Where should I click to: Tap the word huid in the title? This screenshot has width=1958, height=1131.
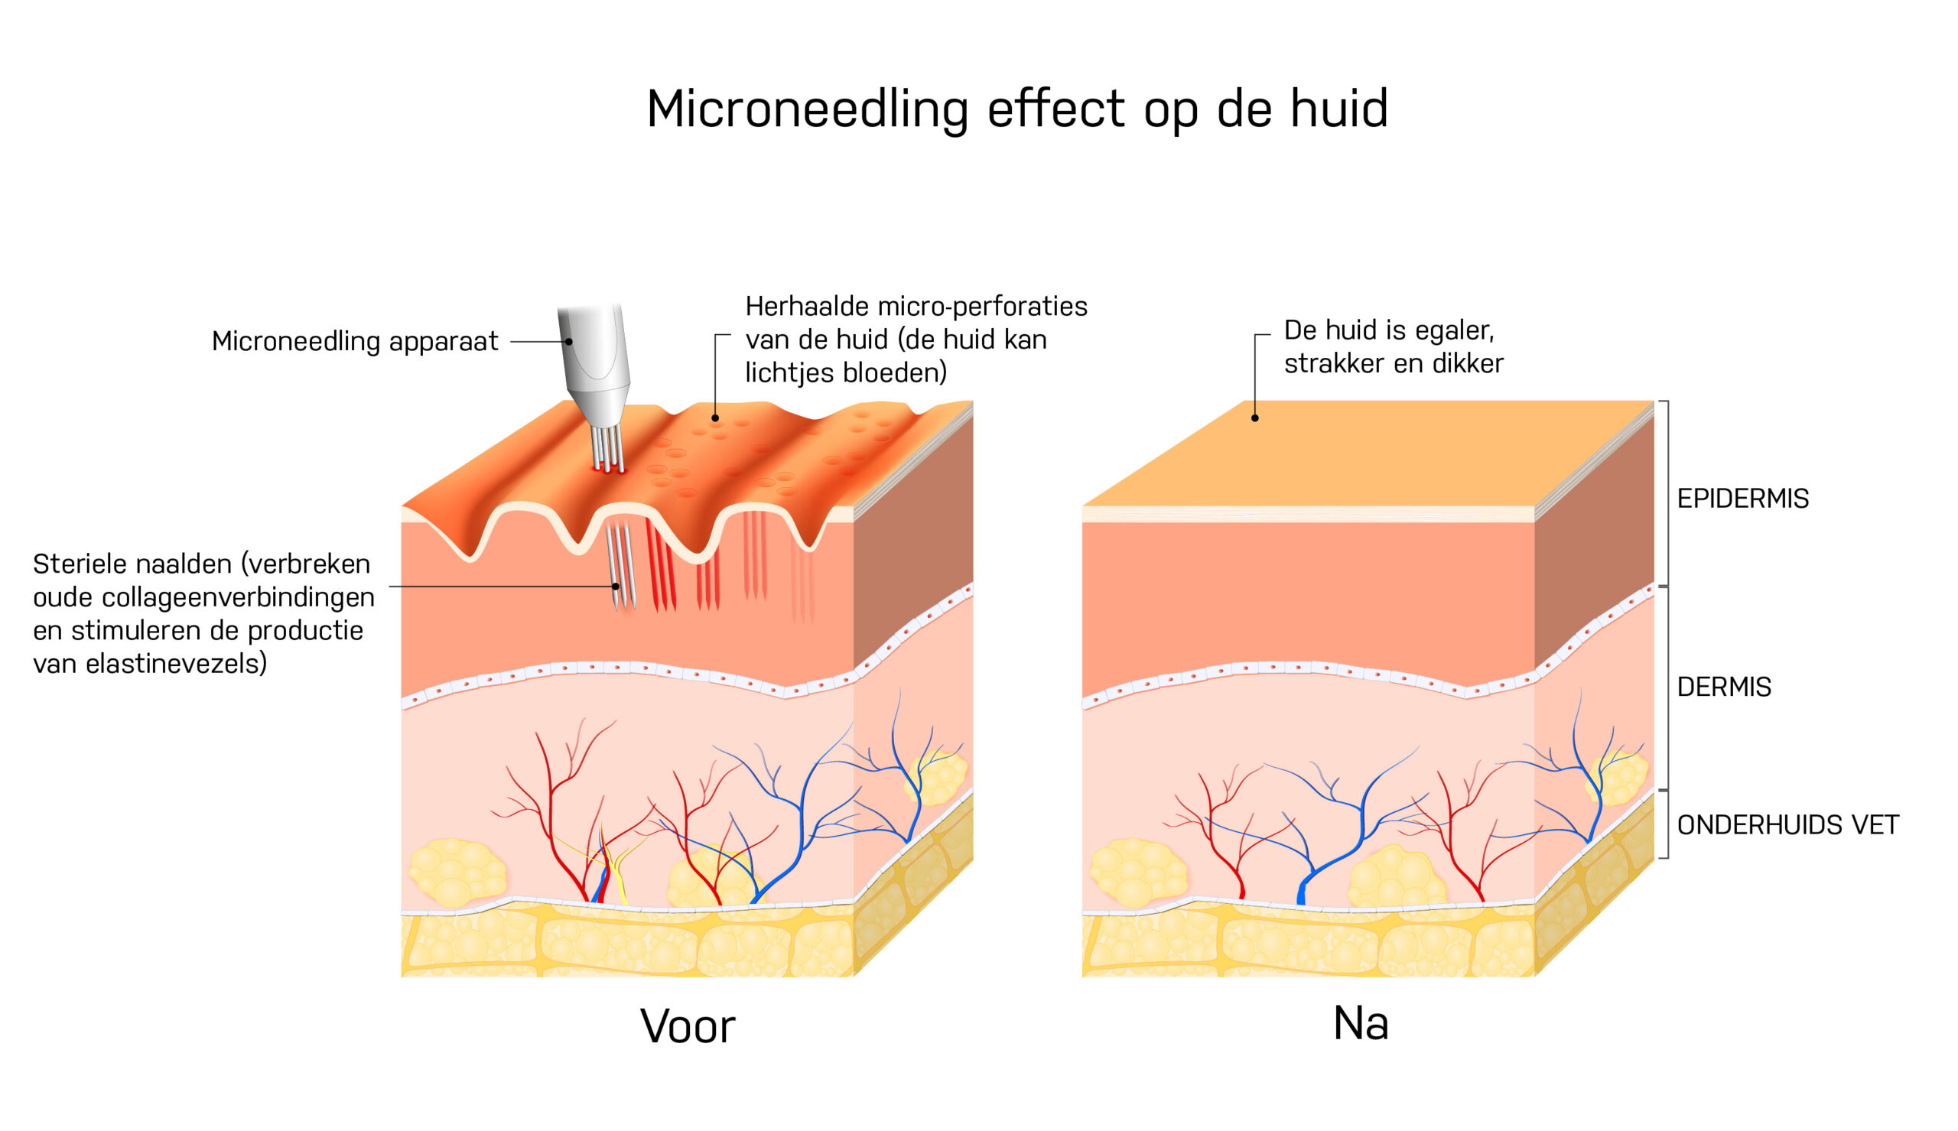click(x=1339, y=108)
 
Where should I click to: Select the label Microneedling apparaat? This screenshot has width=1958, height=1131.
click(x=355, y=342)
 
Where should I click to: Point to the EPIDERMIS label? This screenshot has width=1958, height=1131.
click(x=1742, y=499)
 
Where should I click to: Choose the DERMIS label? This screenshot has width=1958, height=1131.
click(x=1723, y=687)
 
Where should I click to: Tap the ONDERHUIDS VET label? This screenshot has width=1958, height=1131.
click(x=1787, y=825)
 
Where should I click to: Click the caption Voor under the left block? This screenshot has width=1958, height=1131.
click(x=688, y=1026)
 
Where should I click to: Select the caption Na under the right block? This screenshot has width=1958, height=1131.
click(x=1361, y=1023)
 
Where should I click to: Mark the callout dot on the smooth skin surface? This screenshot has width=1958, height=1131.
click(x=1255, y=418)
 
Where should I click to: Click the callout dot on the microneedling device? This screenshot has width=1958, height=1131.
click(x=569, y=342)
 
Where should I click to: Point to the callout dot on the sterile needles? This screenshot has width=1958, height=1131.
click(x=616, y=587)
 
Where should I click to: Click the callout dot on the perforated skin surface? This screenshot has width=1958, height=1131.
click(x=715, y=418)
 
